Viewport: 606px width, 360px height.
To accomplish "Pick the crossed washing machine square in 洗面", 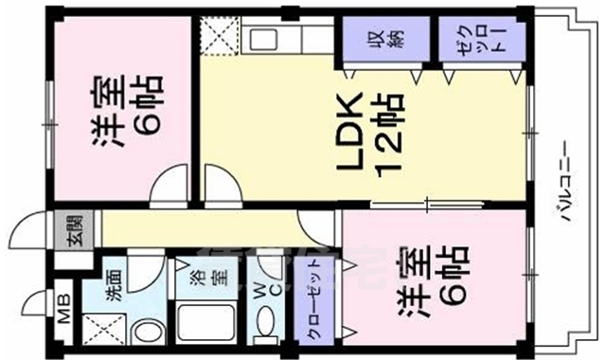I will click(101, 327).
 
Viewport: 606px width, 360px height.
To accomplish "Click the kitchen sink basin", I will click(260, 40).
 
